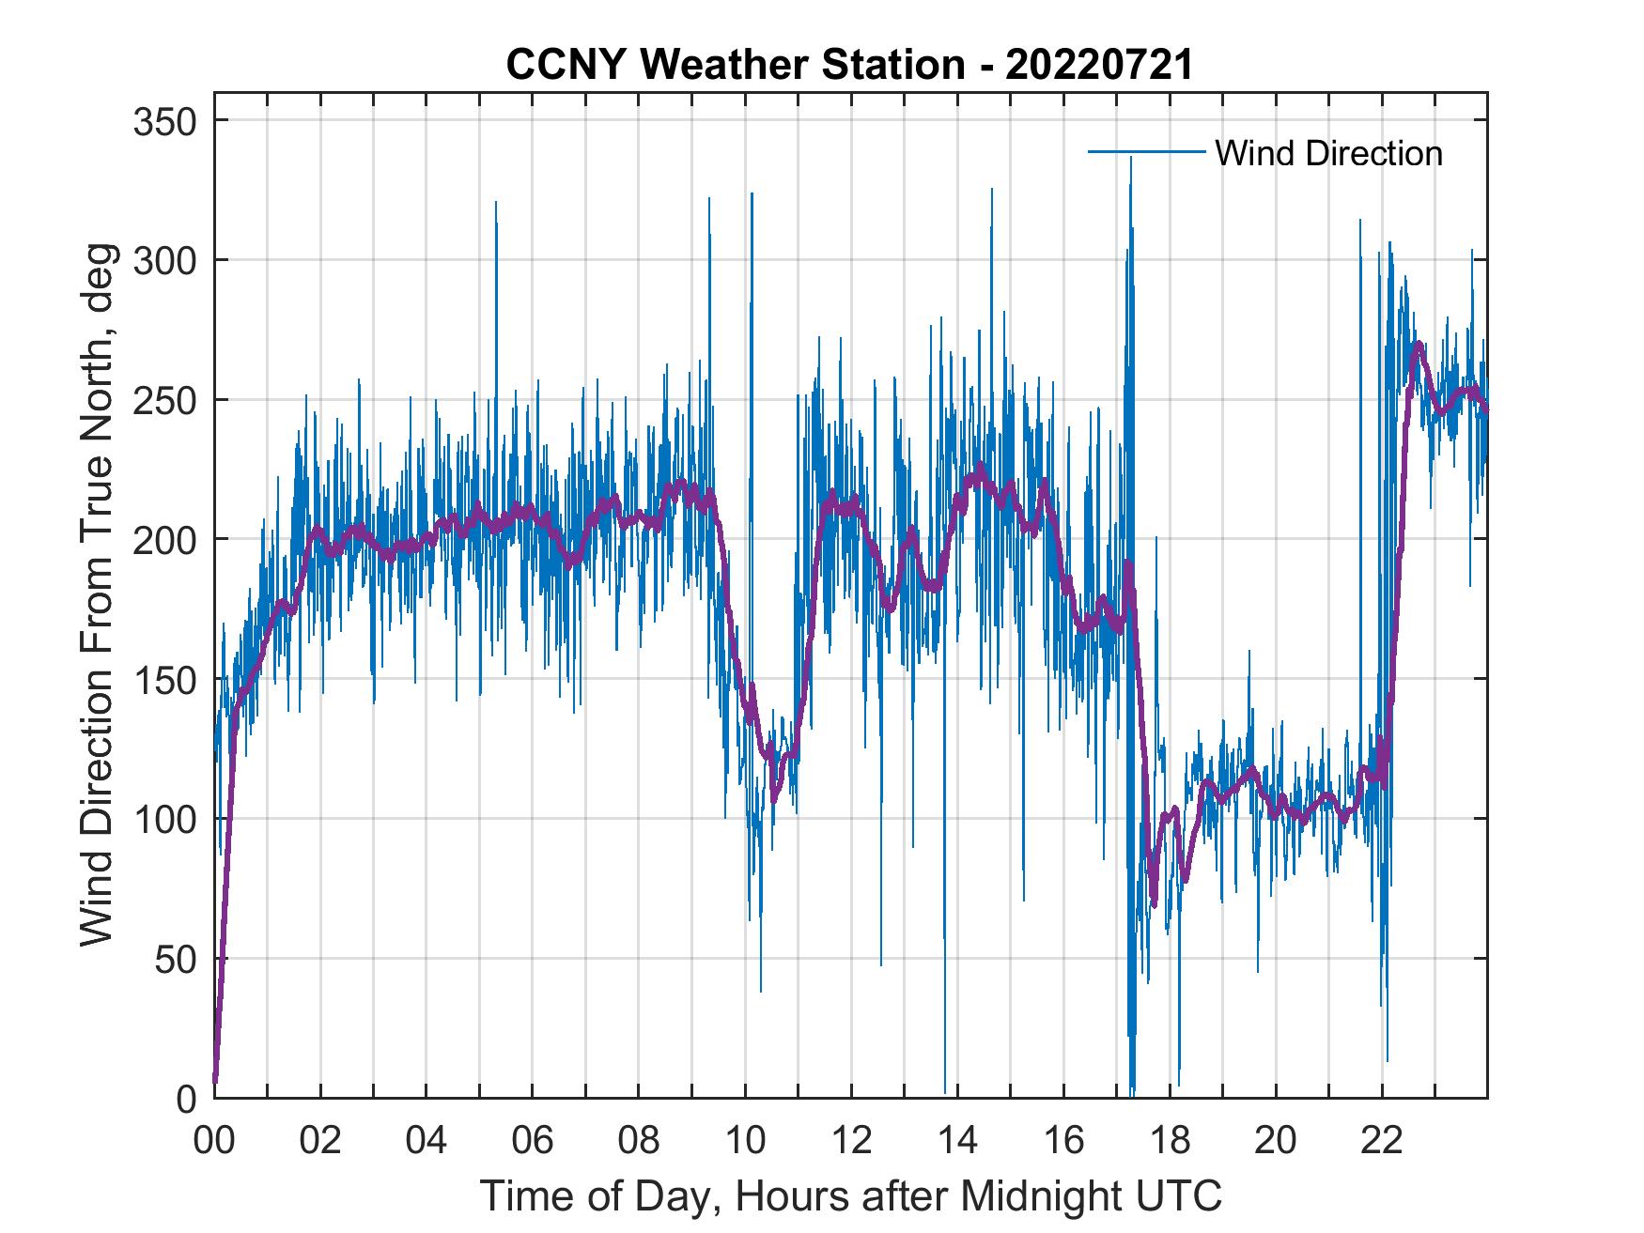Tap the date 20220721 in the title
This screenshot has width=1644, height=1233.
click(x=1098, y=65)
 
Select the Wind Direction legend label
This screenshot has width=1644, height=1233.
click(x=1328, y=153)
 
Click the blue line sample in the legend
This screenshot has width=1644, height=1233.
click(x=1146, y=151)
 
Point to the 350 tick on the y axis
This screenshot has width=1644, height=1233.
click(x=165, y=121)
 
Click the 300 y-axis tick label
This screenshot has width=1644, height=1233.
click(x=165, y=260)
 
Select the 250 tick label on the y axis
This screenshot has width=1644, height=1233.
click(x=165, y=400)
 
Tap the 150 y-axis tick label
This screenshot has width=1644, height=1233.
click(x=165, y=679)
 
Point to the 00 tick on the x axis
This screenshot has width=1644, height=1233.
click(x=214, y=1142)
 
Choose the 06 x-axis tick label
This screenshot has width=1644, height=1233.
click(x=533, y=1142)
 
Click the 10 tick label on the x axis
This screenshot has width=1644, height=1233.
click(x=745, y=1142)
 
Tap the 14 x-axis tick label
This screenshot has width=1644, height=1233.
click(x=957, y=1142)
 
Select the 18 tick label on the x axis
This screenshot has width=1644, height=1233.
click(x=1170, y=1142)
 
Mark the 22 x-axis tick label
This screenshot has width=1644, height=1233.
click(x=1382, y=1142)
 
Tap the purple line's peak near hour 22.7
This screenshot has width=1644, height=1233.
click(x=1419, y=345)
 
